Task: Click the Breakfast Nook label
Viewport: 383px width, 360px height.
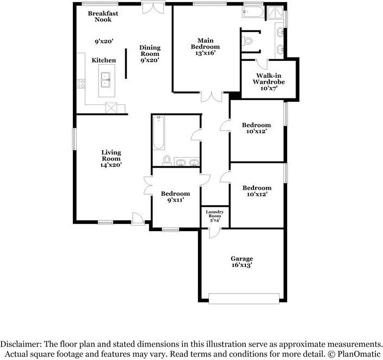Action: point(103,16)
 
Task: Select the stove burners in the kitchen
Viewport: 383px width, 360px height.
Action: point(81,84)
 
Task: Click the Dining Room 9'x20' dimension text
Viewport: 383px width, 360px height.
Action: point(150,60)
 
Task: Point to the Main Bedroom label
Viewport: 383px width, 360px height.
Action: point(205,44)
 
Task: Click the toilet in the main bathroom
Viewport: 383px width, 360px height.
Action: point(247,41)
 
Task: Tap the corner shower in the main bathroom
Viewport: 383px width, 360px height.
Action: point(275,12)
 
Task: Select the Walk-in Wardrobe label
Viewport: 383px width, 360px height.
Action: point(268,79)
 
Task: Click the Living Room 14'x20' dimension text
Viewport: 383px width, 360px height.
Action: point(111,165)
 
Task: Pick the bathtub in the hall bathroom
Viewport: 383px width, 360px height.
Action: point(158,133)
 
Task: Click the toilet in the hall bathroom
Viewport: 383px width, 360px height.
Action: point(167,160)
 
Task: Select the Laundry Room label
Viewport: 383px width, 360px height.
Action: point(215,214)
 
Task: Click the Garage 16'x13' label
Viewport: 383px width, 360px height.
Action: point(242,262)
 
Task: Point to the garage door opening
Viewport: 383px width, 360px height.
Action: point(244,299)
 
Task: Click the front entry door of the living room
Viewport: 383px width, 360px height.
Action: point(138,219)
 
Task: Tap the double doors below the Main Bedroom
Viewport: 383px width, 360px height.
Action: point(212,97)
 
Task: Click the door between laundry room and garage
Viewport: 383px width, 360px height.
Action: point(214,233)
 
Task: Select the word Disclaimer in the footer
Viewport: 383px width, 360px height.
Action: point(21,344)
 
